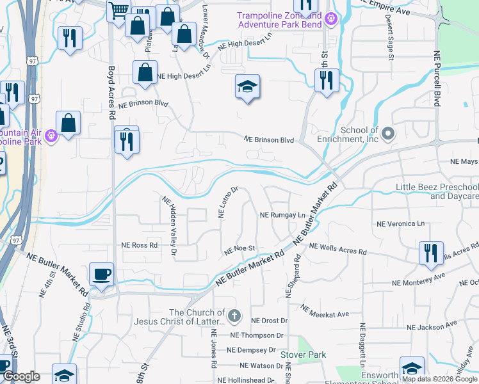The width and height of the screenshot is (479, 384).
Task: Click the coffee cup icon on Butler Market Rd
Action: coord(101,275)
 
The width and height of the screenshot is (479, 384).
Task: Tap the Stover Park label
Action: coord(303,355)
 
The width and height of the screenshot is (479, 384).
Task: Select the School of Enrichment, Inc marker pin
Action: coord(387,134)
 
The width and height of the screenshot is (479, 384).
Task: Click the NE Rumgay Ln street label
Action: coord(282,216)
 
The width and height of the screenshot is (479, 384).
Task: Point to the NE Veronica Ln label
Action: coord(400,224)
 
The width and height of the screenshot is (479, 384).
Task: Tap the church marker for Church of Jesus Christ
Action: coord(234,316)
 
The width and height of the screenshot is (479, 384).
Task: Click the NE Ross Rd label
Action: coord(139,245)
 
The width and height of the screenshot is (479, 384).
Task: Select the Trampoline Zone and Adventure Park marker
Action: coord(330,19)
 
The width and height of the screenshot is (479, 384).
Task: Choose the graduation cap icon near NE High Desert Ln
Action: coord(247,88)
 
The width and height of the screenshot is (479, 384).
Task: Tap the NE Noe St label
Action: coord(240,248)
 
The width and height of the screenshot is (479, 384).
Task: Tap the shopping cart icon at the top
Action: coord(118,10)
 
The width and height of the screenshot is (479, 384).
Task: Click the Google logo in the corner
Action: coord(21,376)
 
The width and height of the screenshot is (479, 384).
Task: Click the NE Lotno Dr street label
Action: coord(228,202)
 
